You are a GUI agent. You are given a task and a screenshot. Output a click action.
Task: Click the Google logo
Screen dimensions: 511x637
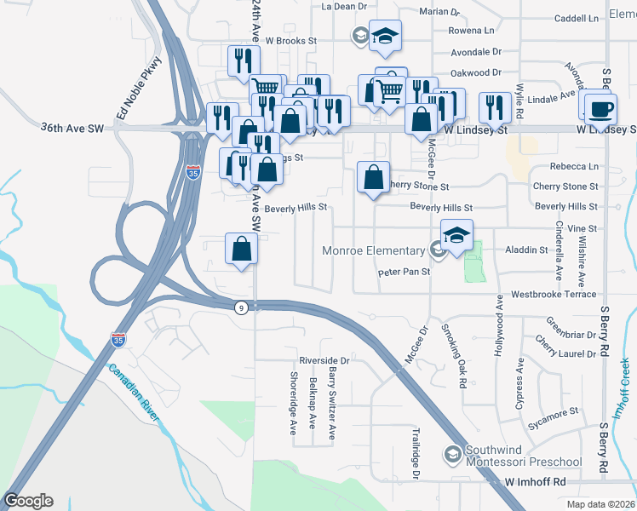(28, 501)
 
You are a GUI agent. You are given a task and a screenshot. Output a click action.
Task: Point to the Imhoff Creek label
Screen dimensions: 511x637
(624, 381)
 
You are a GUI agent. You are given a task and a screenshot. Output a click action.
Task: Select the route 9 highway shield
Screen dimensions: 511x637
(242, 307)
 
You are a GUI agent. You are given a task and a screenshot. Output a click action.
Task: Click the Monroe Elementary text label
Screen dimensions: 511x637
(373, 250)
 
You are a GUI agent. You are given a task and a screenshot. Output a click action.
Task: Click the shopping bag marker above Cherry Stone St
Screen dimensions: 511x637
(373, 178)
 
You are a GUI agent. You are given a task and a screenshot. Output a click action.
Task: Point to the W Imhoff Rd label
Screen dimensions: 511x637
(536, 482)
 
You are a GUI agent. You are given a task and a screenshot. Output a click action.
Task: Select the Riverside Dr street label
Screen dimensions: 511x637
(324, 360)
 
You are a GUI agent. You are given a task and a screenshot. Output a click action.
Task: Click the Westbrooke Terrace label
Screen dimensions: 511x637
(554, 295)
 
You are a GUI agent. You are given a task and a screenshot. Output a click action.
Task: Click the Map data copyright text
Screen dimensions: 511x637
(600, 504)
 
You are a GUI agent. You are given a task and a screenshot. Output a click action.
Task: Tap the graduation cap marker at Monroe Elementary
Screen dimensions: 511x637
(456, 236)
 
